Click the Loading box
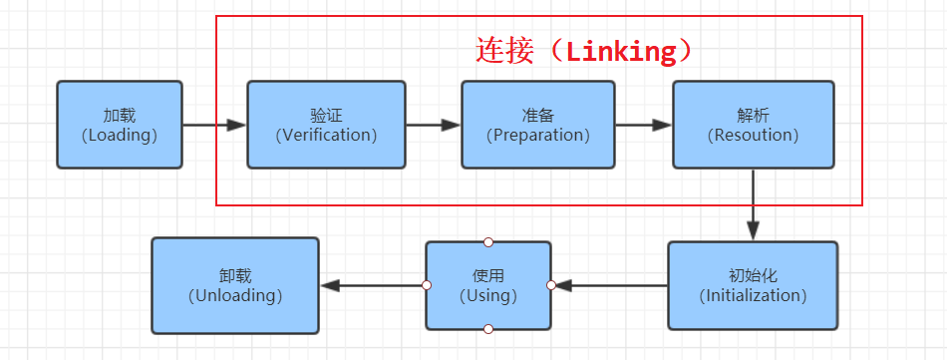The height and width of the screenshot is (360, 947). [120, 125]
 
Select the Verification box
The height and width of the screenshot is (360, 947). [326, 125]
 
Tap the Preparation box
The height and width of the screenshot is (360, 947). [537, 125]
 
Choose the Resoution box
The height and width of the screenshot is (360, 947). [753, 125]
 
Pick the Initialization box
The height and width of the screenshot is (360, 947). [753, 285]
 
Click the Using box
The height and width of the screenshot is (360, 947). [488, 285]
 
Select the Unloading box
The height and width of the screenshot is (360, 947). [235, 285]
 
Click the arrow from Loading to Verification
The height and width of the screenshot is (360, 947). [214, 126]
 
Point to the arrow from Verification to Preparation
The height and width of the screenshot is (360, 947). [433, 126]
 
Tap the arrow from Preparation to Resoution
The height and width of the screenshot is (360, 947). [644, 126]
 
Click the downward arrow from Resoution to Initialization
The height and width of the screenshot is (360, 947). [753, 204]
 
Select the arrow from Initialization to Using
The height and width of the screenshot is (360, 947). [610, 285]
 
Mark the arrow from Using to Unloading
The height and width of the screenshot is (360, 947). [373, 285]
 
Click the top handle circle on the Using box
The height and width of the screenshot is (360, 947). [488, 241]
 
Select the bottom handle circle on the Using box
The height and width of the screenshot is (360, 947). [488, 329]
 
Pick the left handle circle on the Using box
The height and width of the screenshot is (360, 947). [427, 285]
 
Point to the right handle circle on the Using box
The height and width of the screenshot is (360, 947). [550, 285]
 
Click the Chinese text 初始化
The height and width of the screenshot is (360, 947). [753, 275]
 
